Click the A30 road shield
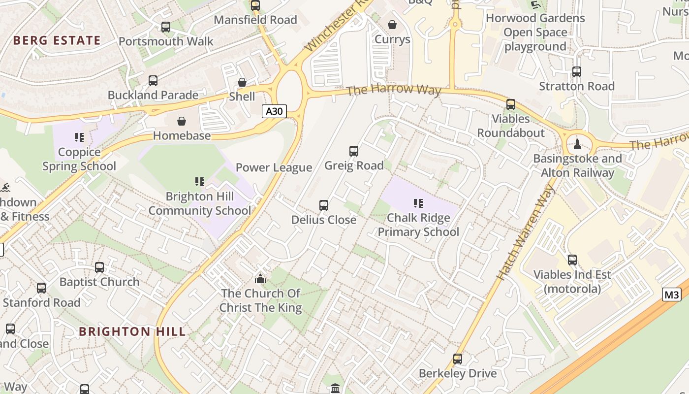[x=274, y=111]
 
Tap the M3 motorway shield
[x=671, y=295]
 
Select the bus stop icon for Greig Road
[x=354, y=151]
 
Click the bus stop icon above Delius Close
[x=324, y=205]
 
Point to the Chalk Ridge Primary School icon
[x=418, y=203]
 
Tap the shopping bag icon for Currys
[x=392, y=25]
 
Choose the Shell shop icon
[x=242, y=82]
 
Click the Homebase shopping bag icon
[x=182, y=121]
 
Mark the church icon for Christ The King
[x=260, y=279]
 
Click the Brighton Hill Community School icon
[x=200, y=182]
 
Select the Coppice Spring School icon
[x=79, y=137]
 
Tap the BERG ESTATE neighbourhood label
[x=57, y=40]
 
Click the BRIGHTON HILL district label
[x=132, y=331]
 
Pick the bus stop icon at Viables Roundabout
[x=511, y=104]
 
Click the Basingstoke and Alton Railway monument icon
[x=577, y=144]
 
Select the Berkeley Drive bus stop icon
[x=458, y=359]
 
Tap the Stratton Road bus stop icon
[x=577, y=72]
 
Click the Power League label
[x=274, y=167]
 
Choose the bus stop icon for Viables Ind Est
[x=572, y=260]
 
